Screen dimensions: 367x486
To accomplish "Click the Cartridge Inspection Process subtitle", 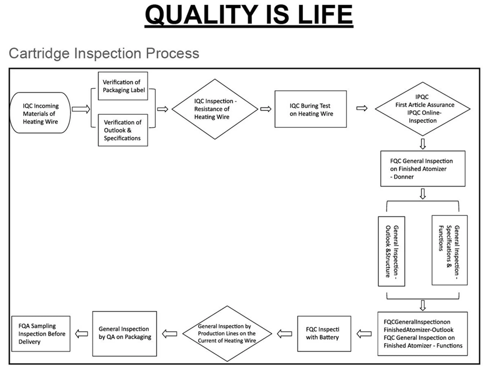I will tap(104, 54).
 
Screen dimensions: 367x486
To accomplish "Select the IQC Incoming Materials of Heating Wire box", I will tap(40, 113).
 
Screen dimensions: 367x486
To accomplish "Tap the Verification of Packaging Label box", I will tap(123, 86).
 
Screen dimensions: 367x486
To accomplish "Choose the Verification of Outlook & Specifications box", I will tap(123, 130).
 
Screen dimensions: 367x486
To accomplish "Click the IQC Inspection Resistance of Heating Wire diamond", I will tap(215, 109).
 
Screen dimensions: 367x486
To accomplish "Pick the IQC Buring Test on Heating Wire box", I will tap(311, 109).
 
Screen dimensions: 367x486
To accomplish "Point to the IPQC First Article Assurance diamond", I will tap(423, 109).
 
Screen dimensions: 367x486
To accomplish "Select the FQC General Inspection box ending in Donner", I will tap(423, 169).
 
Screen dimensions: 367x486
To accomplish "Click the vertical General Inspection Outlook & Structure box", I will tap(391, 251).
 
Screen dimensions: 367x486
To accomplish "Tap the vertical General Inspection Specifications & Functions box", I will tap(450, 250).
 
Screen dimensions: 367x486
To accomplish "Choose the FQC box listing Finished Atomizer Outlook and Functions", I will tap(423, 334).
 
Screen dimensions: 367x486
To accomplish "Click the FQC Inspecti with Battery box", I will tap(323, 334).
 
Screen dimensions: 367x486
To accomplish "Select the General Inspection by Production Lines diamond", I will tap(227, 334).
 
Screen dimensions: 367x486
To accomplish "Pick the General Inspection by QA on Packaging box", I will tap(125, 333).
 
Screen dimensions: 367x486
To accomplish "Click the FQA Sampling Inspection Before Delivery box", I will tap(41, 334).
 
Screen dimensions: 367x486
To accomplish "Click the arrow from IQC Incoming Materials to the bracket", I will tap(81, 109).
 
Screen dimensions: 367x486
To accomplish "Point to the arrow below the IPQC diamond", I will tap(423, 144).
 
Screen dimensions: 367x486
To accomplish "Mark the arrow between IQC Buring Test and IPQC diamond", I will tap(362, 109).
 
